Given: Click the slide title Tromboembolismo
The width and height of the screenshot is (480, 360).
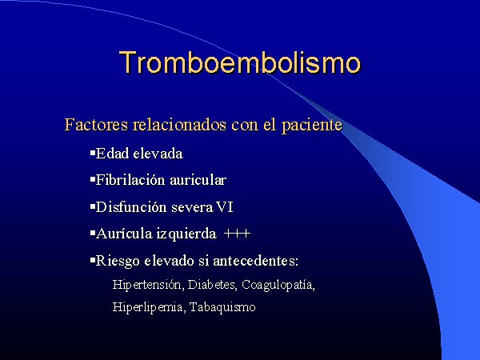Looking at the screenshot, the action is pos(240,62).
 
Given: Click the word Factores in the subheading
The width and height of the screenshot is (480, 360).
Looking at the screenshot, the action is pos(96,125).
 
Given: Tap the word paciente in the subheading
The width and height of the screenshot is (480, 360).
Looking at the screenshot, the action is pos(312,126).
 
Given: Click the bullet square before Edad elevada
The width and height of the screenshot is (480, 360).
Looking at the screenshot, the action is pos(93,152).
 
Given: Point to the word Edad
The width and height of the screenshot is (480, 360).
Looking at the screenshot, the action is pos(112,154).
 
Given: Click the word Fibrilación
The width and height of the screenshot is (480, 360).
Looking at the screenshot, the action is pos(130,180).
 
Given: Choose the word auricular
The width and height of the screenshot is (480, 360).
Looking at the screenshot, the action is pos(198,180).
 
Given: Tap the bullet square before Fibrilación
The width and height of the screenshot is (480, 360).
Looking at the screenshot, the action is pos(93,178).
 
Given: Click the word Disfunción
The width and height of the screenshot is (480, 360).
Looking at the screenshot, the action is pos(131,207).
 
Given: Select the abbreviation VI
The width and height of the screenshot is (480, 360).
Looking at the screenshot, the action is pos(225,207).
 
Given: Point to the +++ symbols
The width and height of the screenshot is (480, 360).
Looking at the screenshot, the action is pos(238,234).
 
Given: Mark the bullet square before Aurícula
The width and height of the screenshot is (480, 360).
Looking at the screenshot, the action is pos(93,233).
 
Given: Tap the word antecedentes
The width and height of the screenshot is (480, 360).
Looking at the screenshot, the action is pos(255,261).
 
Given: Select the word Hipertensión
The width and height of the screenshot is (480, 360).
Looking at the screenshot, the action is pos(148,285).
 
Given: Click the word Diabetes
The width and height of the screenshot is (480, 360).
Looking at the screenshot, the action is pos(212,285).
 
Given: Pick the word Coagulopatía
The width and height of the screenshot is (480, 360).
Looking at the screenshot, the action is pos(278,286).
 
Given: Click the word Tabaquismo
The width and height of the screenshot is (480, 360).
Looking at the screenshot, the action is pos(222,307).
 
